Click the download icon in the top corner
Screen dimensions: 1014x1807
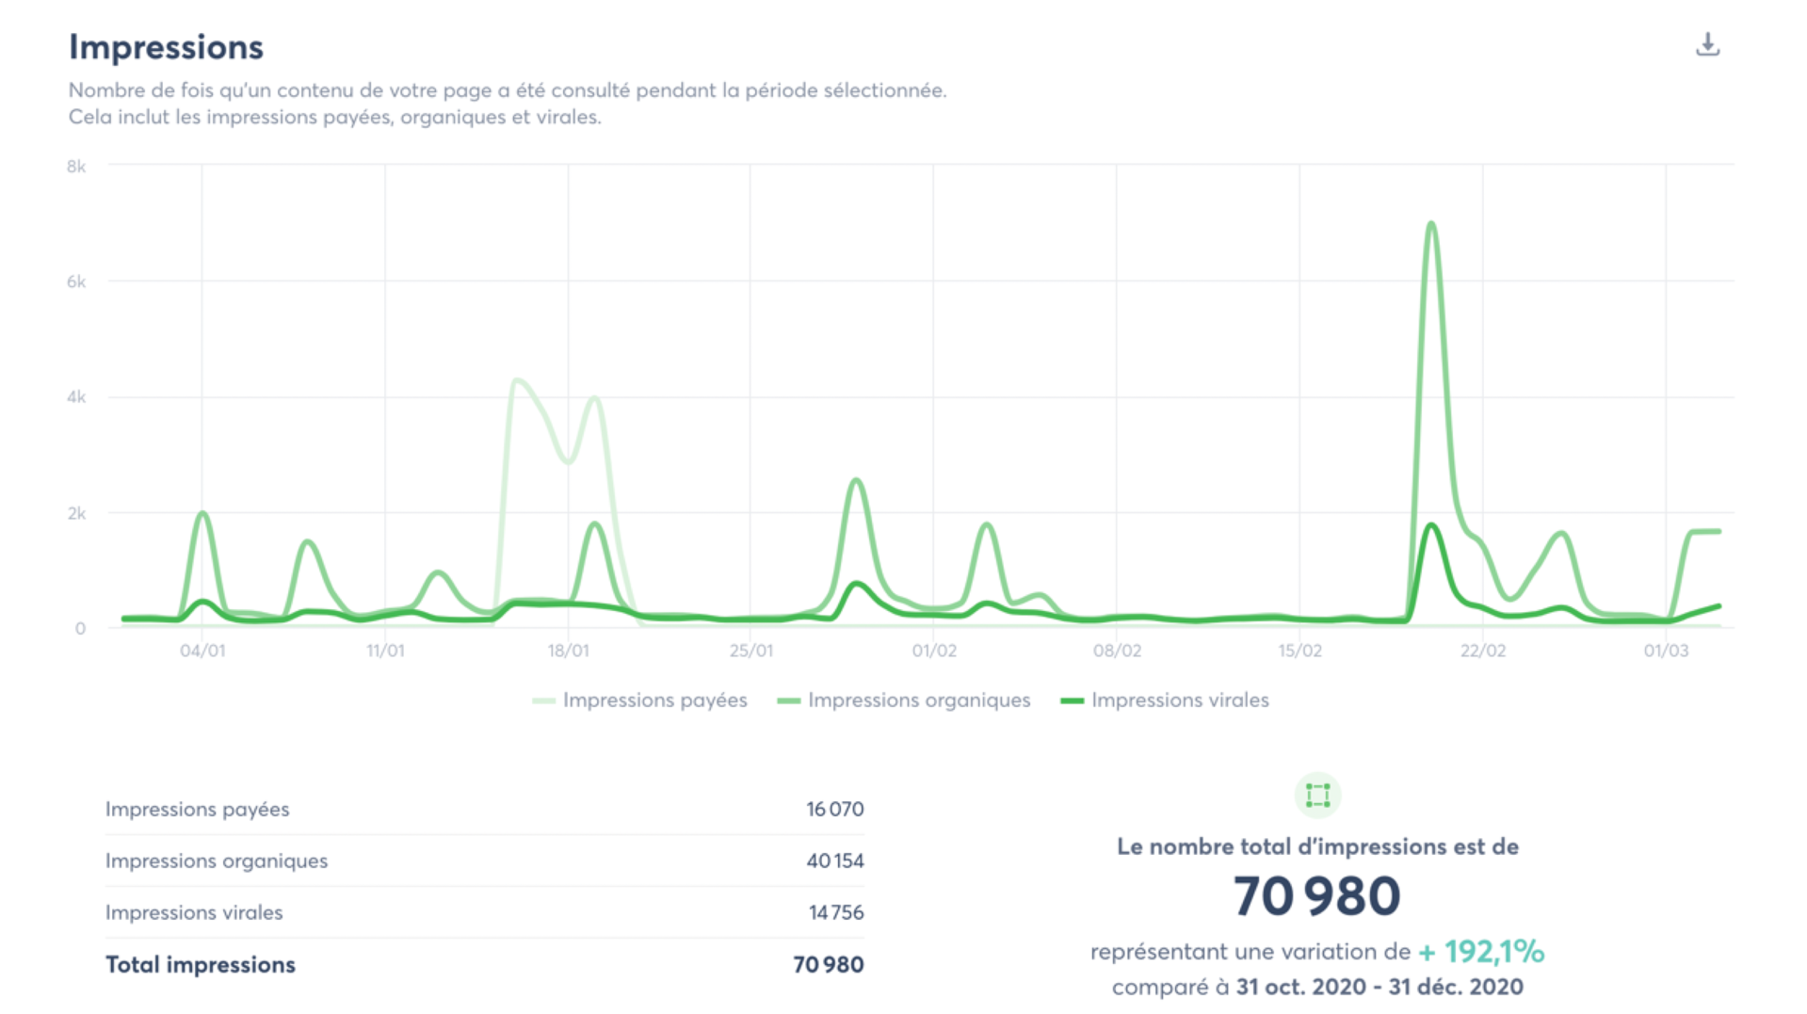coord(1707,44)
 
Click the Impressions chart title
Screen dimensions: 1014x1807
coord(166,47)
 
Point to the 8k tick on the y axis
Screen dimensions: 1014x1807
coord(76,167)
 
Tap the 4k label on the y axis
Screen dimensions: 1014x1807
coord(76,397)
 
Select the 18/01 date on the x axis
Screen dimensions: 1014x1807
coord(569,651)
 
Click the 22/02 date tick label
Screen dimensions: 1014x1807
coord(1483,651)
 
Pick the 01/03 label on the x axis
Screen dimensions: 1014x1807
coord(1666,651)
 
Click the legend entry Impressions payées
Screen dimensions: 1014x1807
coord(654,700)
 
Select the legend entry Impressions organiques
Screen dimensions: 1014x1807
coord(918,700)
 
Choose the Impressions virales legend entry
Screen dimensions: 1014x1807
coord(1179,700)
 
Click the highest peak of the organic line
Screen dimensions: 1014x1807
coord(1431,225)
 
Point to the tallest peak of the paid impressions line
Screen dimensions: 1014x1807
coord(516,380)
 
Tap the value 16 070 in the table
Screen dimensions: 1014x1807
coord(834,809)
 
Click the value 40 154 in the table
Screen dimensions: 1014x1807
coord(834,861)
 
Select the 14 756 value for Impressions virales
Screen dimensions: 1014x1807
coord(835,912)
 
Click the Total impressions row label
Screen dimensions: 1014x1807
coord(201,964)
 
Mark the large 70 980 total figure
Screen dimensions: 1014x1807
coord(1316,895)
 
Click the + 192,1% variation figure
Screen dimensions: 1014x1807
coord(1481,952)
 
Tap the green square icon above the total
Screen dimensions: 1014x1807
coord(1317,796)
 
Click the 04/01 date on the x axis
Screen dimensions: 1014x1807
coord(202,651)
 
